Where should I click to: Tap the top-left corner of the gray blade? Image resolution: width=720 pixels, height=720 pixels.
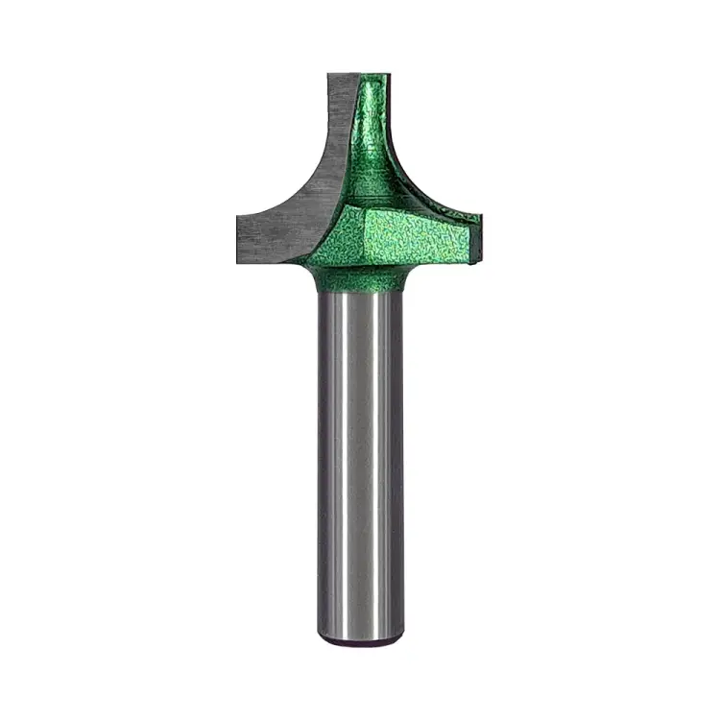coord(328,75)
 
